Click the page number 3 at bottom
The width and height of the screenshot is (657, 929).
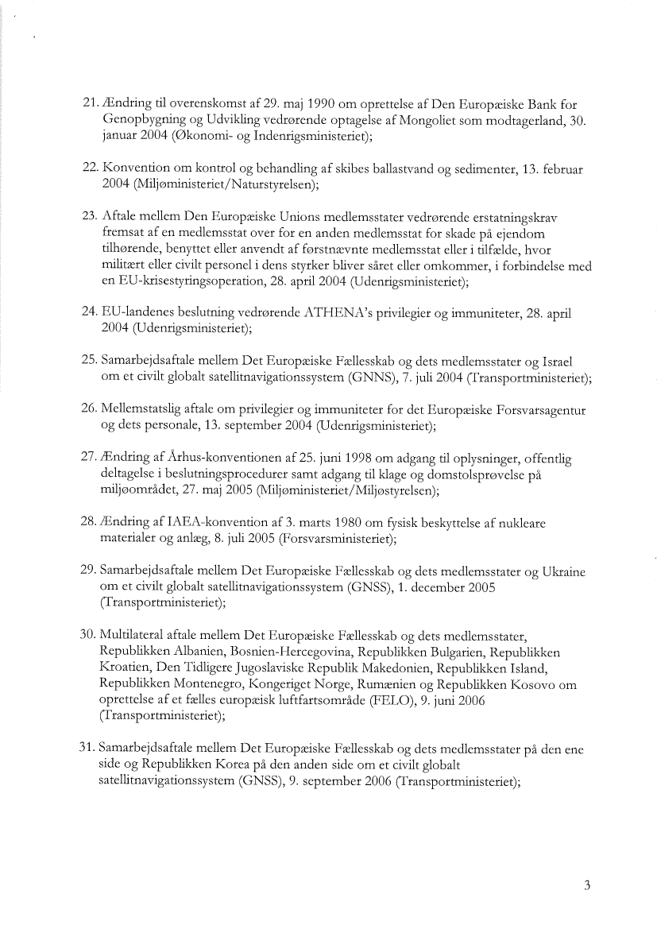[x=586, y=887]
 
